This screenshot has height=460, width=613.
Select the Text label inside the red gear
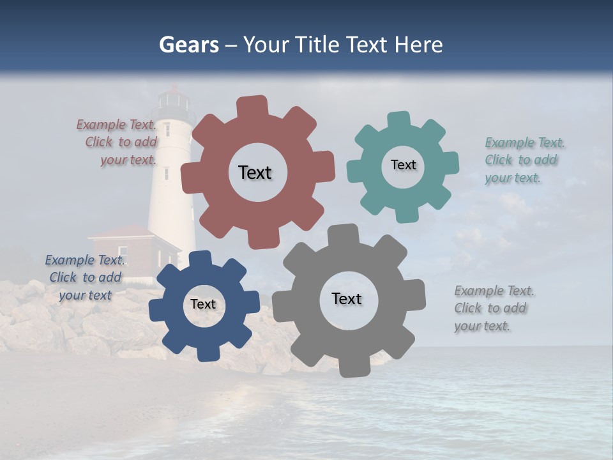pos(255,172)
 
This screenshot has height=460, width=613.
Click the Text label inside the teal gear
pos(403,165)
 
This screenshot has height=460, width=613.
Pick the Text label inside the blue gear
pos(203,305)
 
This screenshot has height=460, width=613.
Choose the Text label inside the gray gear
pos(347,299)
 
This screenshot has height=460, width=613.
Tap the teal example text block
pos(524,160)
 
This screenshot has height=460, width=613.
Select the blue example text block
pos(84,277)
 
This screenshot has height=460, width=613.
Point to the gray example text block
pos(493,309)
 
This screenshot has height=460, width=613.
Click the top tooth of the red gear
pos(253,106)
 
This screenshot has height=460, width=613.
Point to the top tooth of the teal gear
pos(399,119)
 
